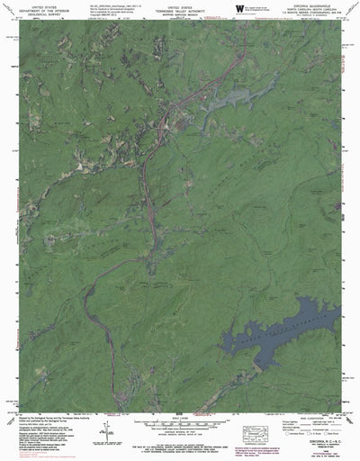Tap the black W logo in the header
[x=239, y=7]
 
